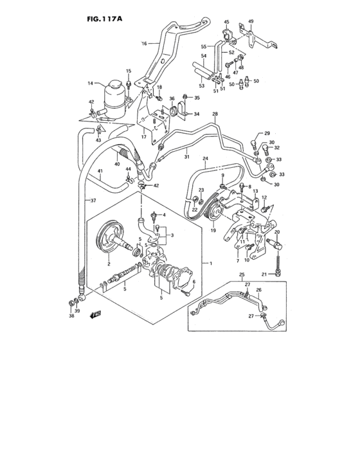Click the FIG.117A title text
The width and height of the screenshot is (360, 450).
(x=104, y=19)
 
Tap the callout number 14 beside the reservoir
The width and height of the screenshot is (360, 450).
(x=90, y=83)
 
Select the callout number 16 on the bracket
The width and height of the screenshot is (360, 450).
(x=145, y=44)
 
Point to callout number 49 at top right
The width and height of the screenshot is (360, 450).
(x=251, y=21)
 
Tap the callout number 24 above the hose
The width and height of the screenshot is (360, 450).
(x=206, y=158)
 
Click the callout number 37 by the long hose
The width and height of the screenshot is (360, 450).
(x=93, y=200)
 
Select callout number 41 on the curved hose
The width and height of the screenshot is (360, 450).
(x=100, y=171)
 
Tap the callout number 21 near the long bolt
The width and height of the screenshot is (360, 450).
(x=264, y=275)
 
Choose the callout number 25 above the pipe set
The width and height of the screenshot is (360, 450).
(x=242, y=275)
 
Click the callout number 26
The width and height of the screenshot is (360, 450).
(x=259, y=290)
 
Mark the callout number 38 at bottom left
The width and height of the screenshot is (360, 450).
(x=71, y=316)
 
